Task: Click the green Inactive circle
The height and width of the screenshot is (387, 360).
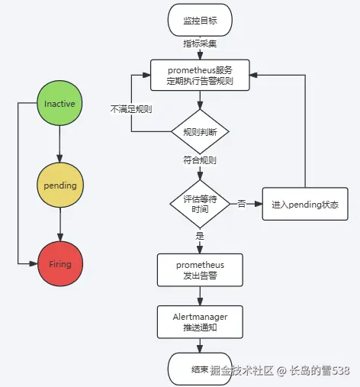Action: coord(60,104)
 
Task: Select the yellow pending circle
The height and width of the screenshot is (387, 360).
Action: coord(60,185)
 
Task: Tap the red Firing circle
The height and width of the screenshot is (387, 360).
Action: coord(60,264)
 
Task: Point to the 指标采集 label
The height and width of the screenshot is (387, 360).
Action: coord(200,44)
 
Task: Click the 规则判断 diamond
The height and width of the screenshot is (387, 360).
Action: coord(200,132)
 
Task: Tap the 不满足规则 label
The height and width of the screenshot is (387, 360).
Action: coord(130,109)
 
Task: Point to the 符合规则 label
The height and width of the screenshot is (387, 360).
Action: coord(200,161)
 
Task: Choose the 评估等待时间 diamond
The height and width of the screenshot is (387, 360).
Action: coord(200,204)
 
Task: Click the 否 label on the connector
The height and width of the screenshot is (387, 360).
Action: coord(241,204)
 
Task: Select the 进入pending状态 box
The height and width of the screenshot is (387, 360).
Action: coord(305,205)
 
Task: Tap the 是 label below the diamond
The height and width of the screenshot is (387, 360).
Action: coord(200,236)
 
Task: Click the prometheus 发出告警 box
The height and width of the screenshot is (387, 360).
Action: coord(200,269)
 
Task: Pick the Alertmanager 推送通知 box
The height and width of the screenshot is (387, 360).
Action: coord(200,321)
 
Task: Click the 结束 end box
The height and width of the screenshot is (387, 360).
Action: coord(200,369)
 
